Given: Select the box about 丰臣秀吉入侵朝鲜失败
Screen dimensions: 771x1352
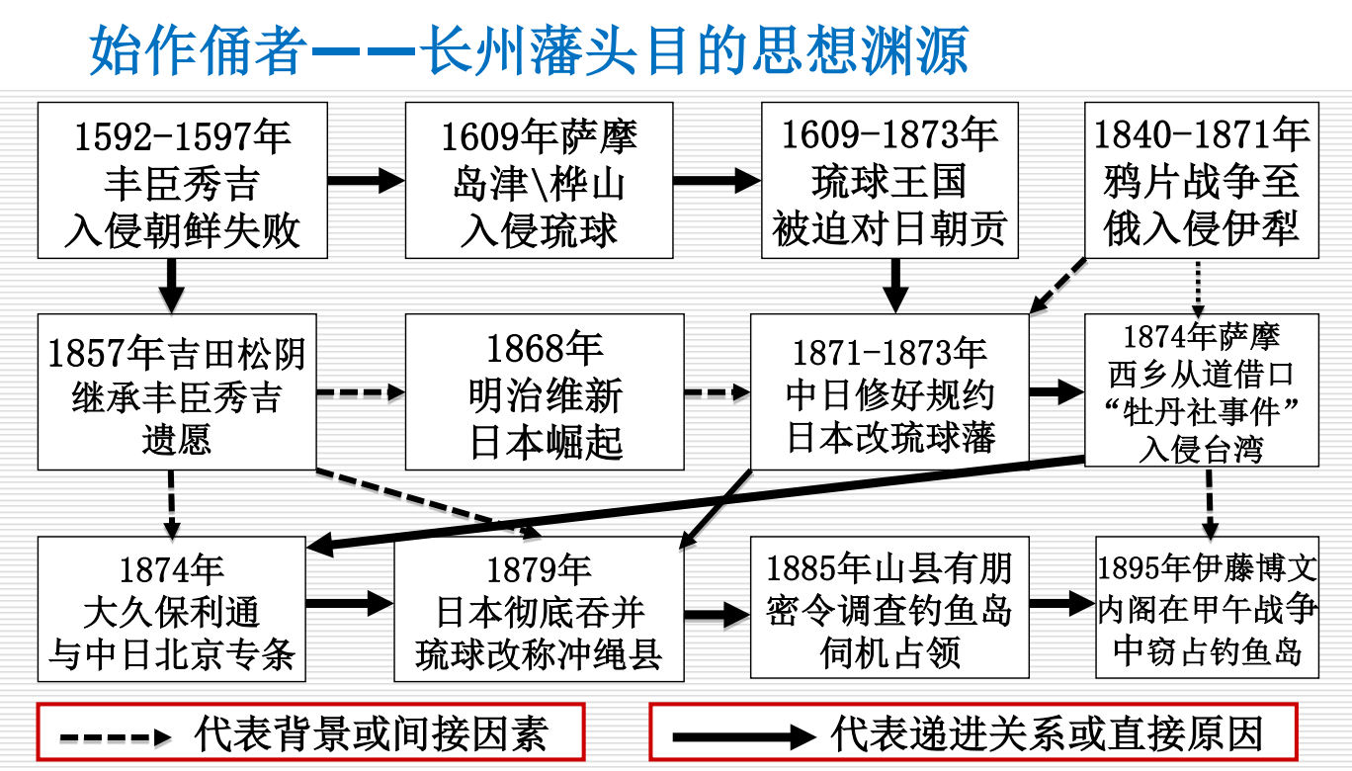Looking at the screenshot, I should tap(182, 181).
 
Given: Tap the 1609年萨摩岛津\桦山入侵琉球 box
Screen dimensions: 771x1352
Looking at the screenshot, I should tap(539, 181).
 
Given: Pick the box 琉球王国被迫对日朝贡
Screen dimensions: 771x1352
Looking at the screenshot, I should tap(889, 181).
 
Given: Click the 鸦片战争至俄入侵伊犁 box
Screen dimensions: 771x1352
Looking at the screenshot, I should tap(1201, 181).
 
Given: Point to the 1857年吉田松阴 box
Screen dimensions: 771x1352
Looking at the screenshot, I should tap(177, 392).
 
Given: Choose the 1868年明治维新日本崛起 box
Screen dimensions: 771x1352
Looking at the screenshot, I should tap(545, 392).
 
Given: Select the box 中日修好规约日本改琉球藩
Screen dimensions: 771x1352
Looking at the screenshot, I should tap(889, 392).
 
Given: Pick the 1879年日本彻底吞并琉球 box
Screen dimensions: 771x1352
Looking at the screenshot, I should tap(539, 609).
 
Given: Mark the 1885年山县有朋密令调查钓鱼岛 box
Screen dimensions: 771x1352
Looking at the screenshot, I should tap(889, 609).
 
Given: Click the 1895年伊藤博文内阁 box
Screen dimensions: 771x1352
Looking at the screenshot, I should tap(1207, 609).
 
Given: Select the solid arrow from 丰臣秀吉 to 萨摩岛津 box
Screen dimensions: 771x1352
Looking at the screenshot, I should tap(365, 181).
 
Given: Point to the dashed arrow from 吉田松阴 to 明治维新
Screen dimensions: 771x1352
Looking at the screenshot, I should tap(360, 392).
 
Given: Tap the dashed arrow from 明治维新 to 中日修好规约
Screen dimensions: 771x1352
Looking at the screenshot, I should tap(717, 392).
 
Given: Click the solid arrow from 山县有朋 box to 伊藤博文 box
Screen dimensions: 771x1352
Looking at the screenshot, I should tap(1061, 603).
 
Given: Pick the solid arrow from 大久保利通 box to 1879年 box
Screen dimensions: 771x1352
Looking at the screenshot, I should tap(349, 602).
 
